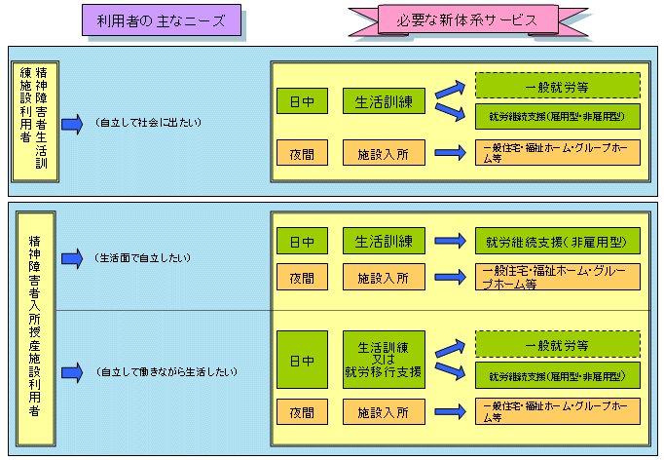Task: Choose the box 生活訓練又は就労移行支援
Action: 384,360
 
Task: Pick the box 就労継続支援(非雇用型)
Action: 556,241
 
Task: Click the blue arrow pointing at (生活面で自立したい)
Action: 72,258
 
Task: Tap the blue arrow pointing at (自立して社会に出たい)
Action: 72,125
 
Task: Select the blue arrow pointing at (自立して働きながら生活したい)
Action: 72,371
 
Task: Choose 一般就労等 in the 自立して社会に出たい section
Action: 556,87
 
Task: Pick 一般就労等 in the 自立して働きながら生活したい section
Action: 556,344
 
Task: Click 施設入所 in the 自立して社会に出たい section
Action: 384,152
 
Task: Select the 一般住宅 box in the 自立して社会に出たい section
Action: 556,152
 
